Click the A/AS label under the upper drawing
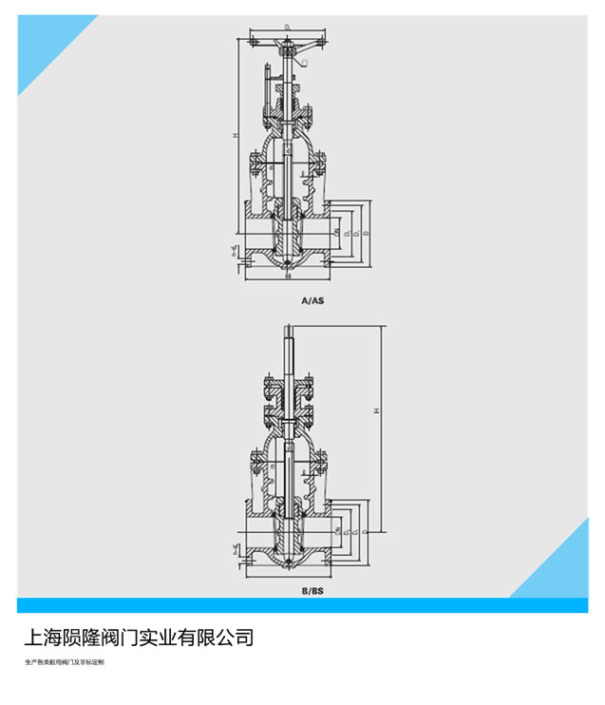(x=312, y=300)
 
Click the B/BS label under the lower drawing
(x=312, y=590)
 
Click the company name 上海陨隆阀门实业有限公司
(x=139, y=637)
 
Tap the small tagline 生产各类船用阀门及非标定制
(x=65, y=661)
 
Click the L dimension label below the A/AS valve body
(x=288, y=278)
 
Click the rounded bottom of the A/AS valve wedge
(x=288, y=262)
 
